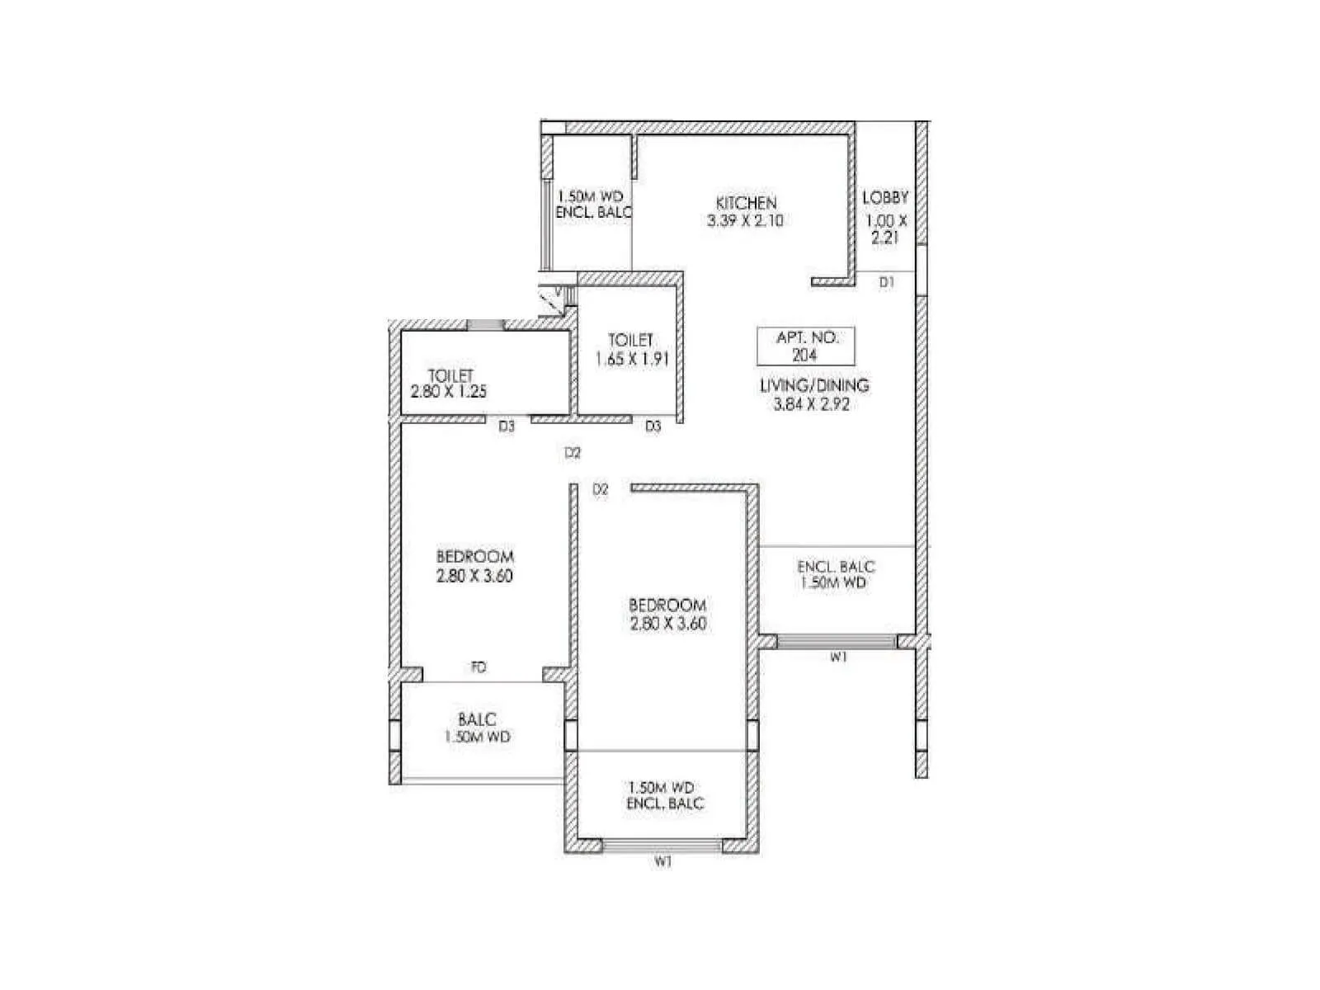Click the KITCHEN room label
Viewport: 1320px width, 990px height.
pos(745,203)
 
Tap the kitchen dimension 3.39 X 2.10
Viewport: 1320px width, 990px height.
pos(745,221)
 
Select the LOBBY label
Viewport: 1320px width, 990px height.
pos(885,198)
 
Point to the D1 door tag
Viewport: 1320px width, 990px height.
pos(886,282)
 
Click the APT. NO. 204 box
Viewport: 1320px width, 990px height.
pos(805,346)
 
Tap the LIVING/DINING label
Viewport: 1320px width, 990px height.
pos(813,385)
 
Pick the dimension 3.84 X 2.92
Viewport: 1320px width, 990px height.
pos(813,404)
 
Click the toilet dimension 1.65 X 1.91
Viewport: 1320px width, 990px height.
pos(631,359)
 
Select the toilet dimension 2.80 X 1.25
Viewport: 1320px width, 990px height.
pos(449,392)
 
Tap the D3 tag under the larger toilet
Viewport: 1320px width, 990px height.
pos(507,427)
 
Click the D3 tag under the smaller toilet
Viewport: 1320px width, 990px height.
pos(653,427)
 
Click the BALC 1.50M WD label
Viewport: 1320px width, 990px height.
pos(477,728)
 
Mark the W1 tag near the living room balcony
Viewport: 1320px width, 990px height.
pos(838,658)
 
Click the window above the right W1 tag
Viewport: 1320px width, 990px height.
pos(836,641)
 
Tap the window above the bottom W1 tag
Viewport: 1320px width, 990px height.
pos(662,846)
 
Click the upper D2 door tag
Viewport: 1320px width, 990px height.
pos(573,453)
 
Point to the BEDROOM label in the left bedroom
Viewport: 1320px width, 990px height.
pos(475,557)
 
